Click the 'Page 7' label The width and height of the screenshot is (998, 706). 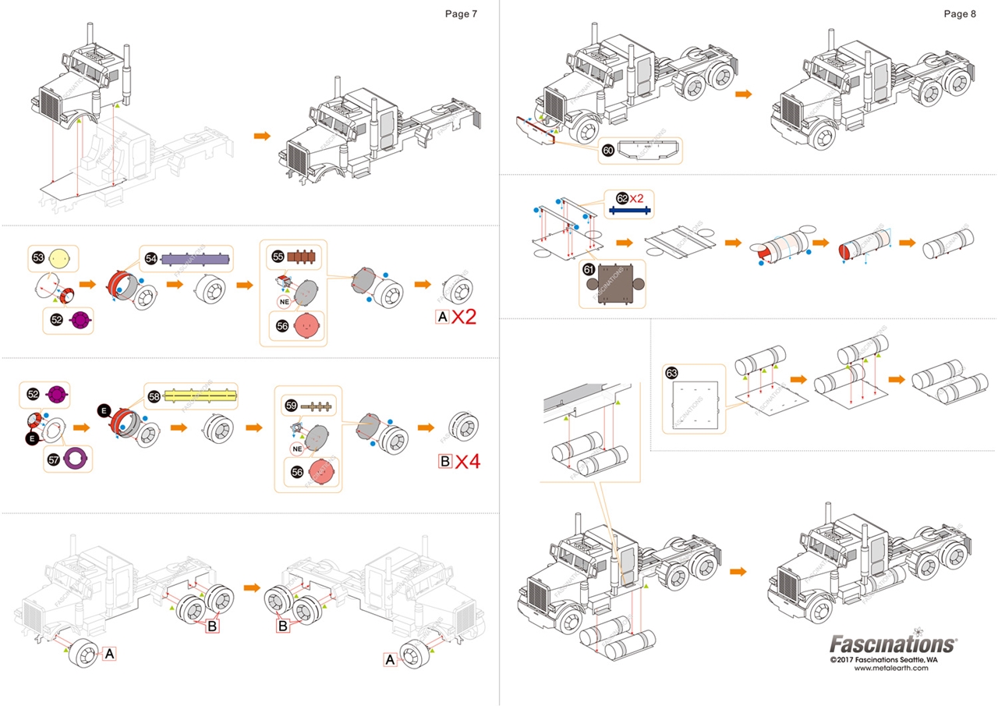pyautogui.click(x=461, y=13)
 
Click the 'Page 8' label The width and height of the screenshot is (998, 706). pyautogui.click(x=960, y=13)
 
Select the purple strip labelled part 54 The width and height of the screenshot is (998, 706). pyautogui.click(x=196, y=259)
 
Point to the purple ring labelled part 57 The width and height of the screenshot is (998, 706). pyautogui.click(x=76, y=459)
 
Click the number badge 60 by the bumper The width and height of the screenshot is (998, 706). pyautogui.click(x=607, y=151)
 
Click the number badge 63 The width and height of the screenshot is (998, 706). pyautogui.click(x=672, y=373)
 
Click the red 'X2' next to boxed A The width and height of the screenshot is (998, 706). pyautogui.click(x=469, y=317)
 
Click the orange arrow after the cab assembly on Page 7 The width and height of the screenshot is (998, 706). pyautogui.click(x=263, y=136)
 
